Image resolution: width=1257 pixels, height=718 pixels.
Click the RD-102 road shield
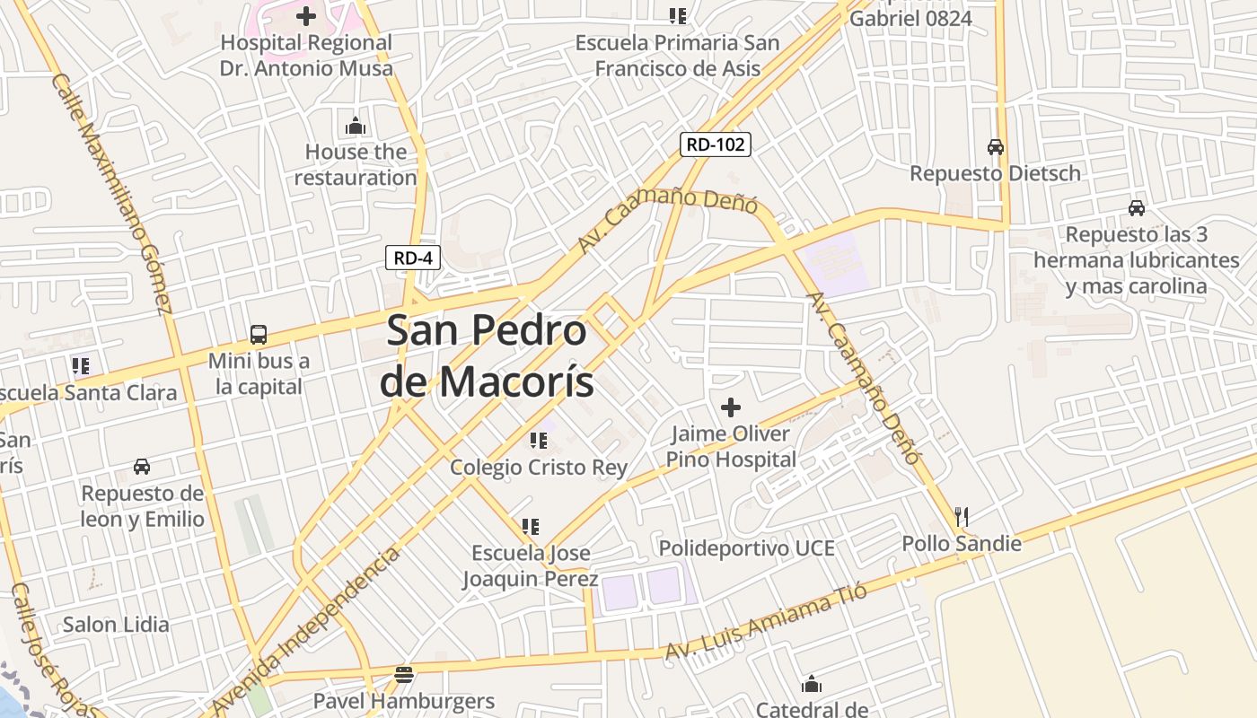click(x=715, y=144)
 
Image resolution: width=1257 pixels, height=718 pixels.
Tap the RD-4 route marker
click(x=413, y=258)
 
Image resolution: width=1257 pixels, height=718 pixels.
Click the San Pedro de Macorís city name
click(x=487, y=355)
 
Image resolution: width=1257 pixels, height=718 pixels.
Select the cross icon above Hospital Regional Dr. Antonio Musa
click(x=306, y=15)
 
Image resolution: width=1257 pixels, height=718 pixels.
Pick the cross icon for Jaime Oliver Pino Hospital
click(x=731, y=407)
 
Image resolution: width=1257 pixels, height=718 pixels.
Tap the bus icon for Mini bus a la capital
click(x=259, y=335)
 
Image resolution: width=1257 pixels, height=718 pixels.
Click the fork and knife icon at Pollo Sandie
click(x=962, y=516)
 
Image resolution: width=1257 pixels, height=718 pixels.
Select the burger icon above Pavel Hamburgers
click(x=404, y=674)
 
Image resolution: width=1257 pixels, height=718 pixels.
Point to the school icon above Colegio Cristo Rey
click(x=538, y=440)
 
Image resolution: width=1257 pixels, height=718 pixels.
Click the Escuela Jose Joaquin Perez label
click(x=530, y=565)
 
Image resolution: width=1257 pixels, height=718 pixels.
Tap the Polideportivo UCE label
click(x=746, y=547)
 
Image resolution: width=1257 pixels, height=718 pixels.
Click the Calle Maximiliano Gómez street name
click(x=111, y=193)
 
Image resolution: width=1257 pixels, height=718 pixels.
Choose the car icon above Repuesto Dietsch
click(x=995, y=146)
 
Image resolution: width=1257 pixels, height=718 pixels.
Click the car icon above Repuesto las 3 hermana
click(x=1136, y=208)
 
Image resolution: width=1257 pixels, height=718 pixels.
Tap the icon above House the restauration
click(x=356, y=126)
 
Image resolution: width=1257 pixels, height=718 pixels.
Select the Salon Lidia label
click(x=116, y=625)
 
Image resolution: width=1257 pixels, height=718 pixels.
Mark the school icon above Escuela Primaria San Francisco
click(x=677, y=15)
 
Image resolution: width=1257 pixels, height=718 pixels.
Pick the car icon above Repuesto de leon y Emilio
click(x=142, y=467)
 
